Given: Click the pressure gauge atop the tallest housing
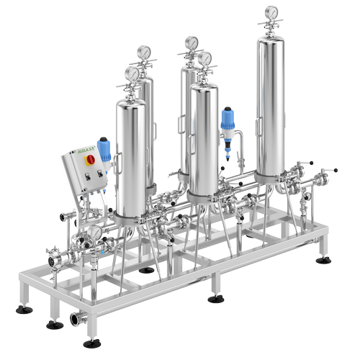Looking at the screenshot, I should tap(271, 13).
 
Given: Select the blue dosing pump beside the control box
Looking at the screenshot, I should tap(105, 150).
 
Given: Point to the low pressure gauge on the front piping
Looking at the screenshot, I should tap(94, 233).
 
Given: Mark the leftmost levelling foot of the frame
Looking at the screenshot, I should tap(24, 309).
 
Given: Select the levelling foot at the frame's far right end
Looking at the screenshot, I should tap(323, 258).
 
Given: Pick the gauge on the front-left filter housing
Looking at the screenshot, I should tap(132, 73).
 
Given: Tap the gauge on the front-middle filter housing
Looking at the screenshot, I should tap(205, 58).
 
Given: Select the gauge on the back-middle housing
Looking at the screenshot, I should tap(191, 43).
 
